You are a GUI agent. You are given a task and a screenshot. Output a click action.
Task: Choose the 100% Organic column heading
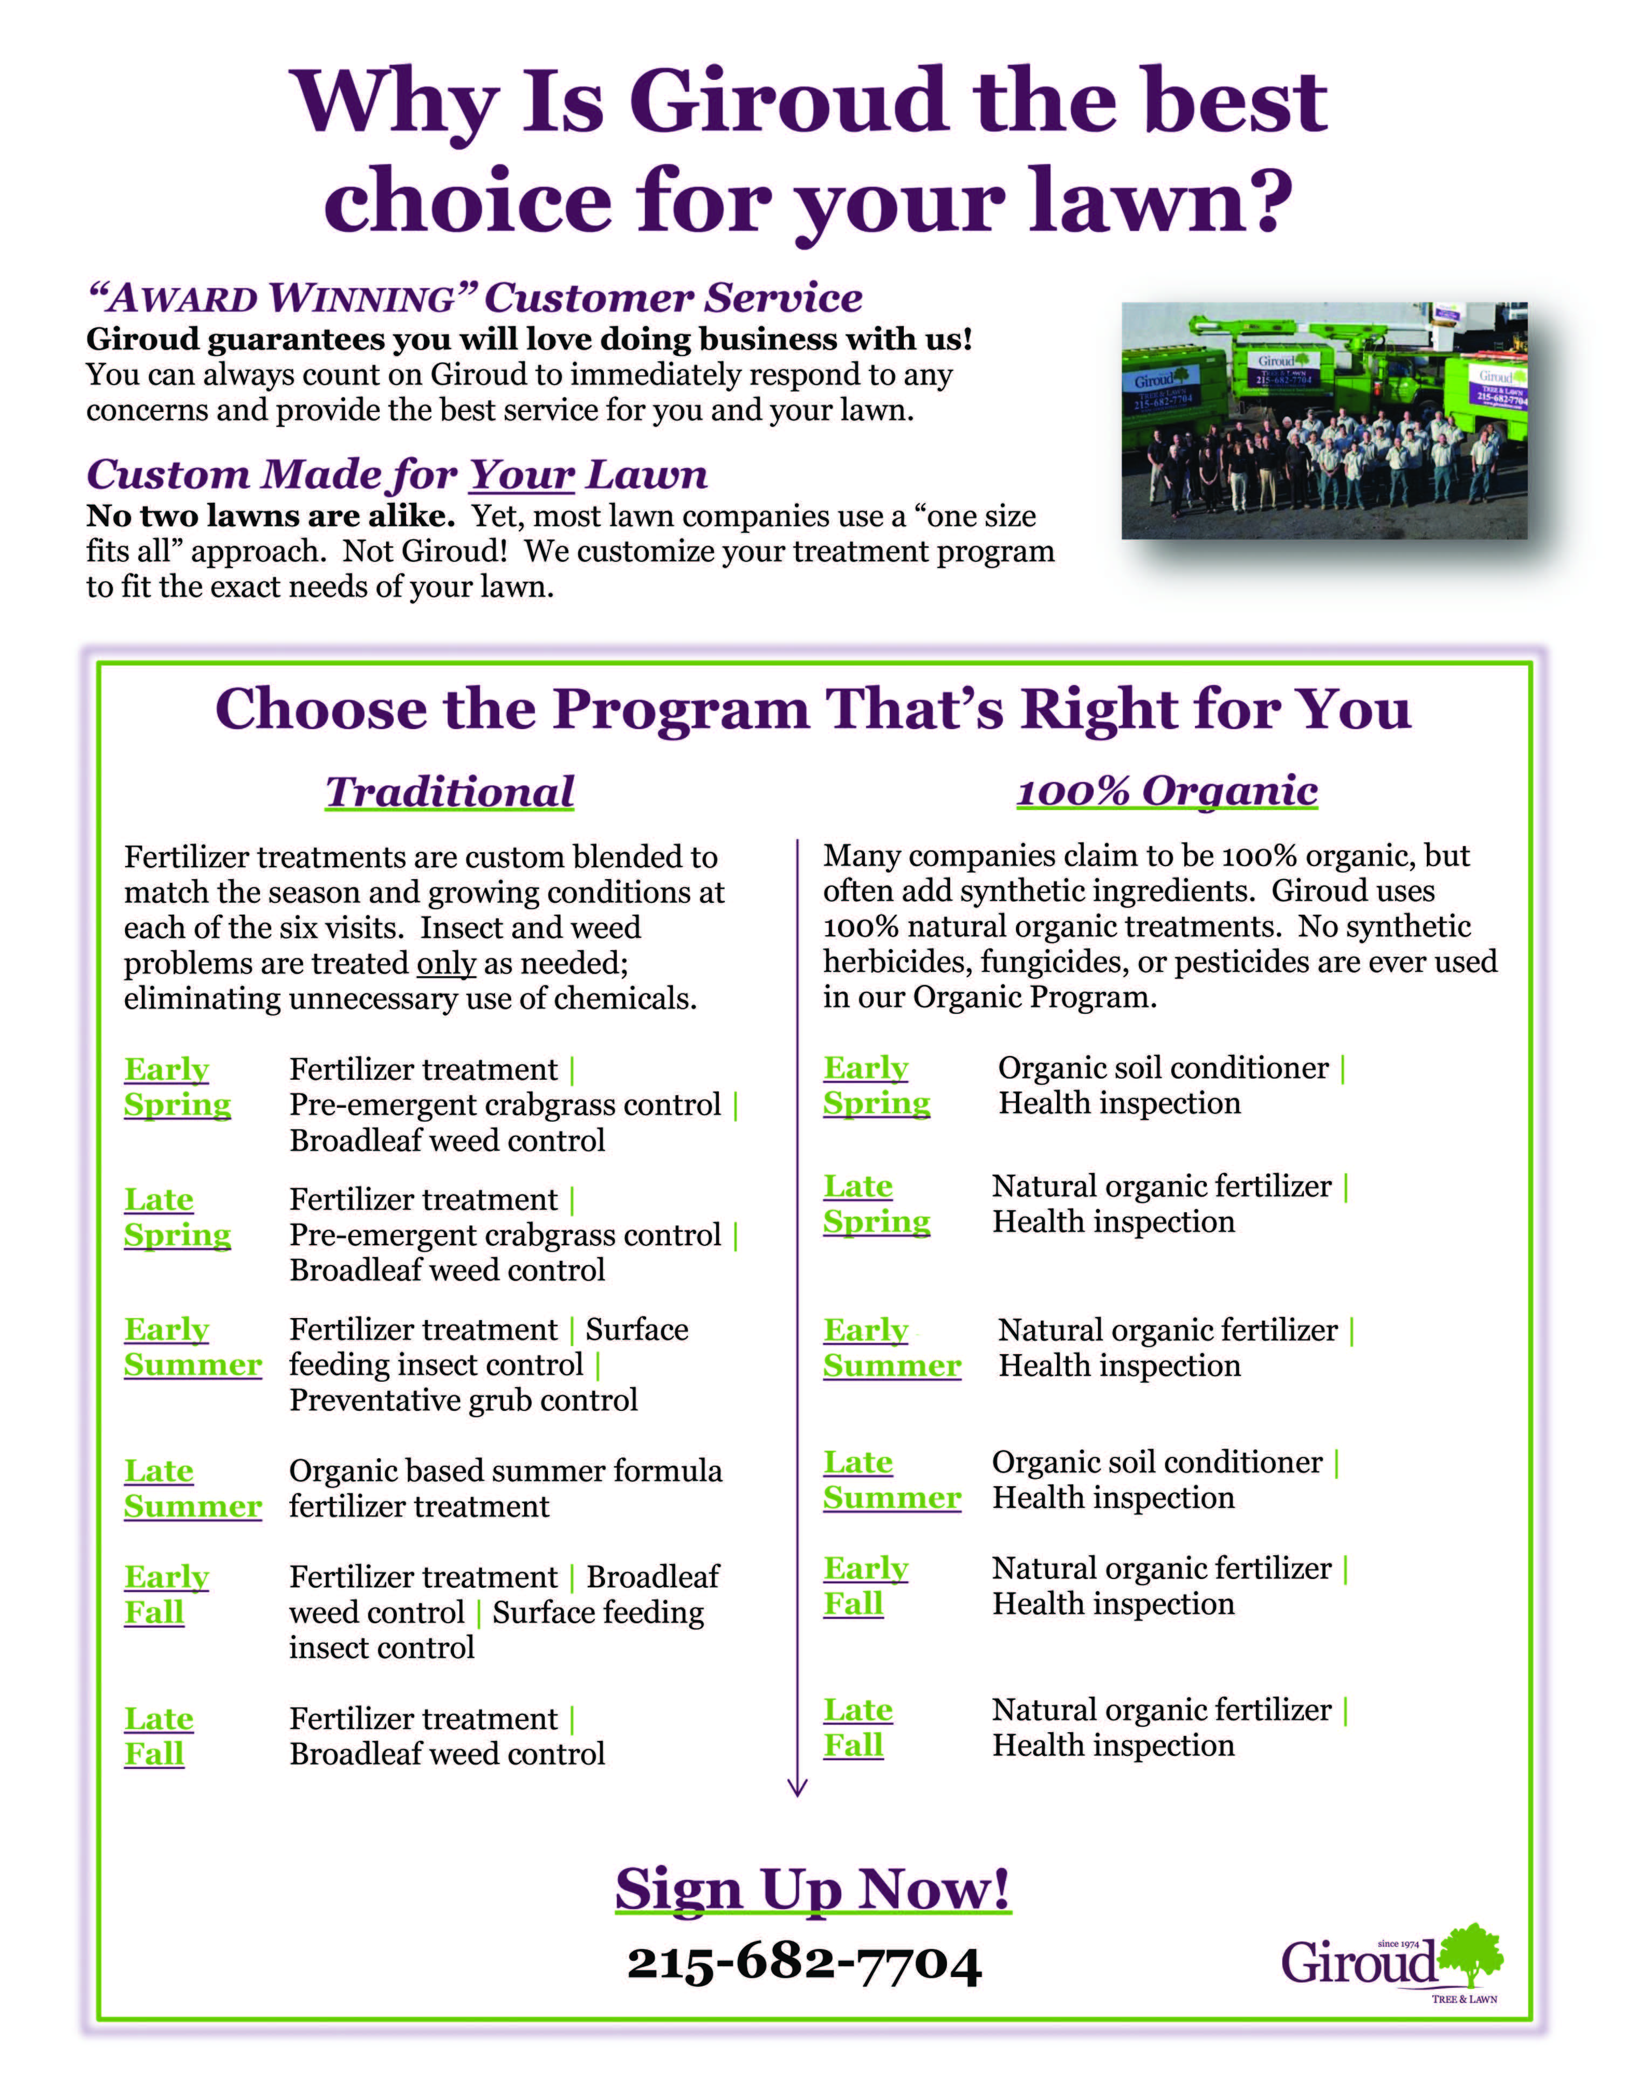[1166, 791]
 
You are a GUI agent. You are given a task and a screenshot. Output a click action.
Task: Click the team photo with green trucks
[1324, 420]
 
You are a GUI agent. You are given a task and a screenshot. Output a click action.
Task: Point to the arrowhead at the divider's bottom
[797, 1787]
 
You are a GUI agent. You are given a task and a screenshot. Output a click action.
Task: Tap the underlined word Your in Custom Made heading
[522, 475]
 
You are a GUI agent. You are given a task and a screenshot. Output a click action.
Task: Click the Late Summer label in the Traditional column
[193, 1488]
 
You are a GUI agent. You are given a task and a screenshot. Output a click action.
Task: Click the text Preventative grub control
[464, 1400]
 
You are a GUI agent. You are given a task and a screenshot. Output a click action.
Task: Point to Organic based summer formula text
[505, 1471]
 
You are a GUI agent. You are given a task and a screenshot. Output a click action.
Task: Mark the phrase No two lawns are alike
[270, 516]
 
